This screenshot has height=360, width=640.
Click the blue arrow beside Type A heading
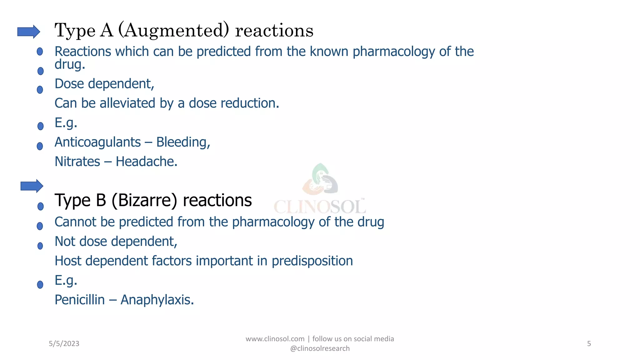(28, 32)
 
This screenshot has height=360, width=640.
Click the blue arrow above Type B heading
(32, 186)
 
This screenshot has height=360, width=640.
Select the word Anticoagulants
(97, 142)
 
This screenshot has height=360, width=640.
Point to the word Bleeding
(183, 142)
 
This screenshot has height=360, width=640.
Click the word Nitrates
(77, 162)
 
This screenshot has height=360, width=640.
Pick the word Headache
(146, 162)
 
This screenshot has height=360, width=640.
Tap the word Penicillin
(80, 300)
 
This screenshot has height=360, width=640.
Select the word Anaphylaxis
(157, 300)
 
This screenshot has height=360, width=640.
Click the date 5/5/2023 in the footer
(64, 344)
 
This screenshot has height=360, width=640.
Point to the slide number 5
(589, 344)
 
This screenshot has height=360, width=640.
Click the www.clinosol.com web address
(275, 339)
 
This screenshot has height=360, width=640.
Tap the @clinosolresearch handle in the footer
(320, 348)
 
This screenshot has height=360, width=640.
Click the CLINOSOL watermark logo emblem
(320, 180)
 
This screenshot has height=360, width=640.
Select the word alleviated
(127, 103)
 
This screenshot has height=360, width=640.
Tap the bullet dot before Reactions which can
(40, 51)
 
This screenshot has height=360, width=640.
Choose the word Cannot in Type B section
(75, 222)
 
